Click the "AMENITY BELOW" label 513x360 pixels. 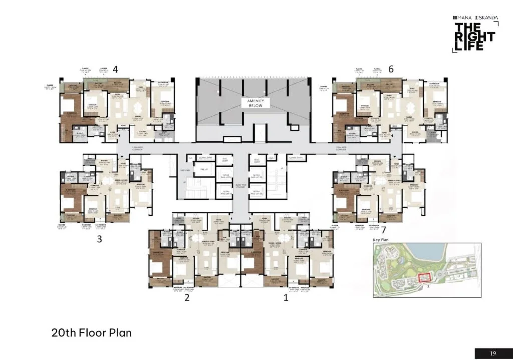point(256,103)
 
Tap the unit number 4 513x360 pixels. point(115,69)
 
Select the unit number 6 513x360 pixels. point(391,70)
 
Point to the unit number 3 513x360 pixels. point(99,239)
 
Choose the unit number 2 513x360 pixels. point(186,298)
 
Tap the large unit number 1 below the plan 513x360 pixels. point(286,298)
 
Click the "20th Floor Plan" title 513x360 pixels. point(91,332)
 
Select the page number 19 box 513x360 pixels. point(493,354)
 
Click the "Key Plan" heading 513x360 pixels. point(381,240)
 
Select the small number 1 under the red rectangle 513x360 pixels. point(428,287)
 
